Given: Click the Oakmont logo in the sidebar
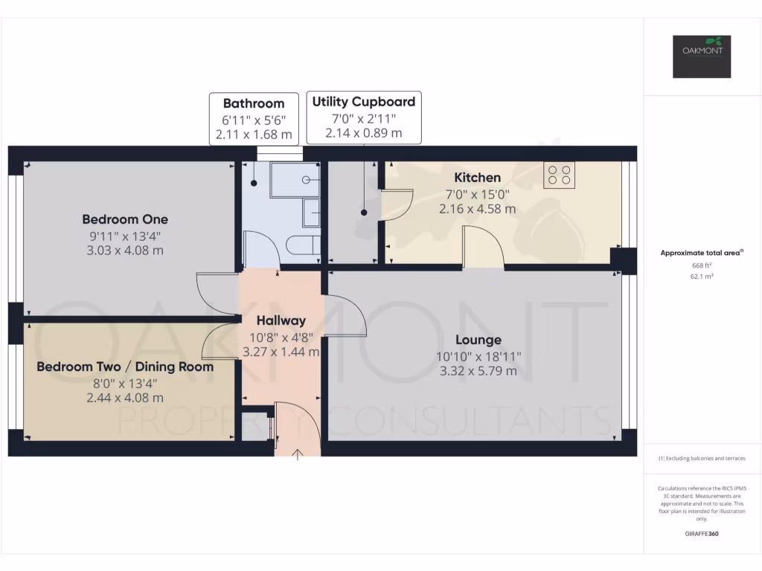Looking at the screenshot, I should (702, 57).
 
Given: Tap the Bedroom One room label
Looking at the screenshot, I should (125, 219).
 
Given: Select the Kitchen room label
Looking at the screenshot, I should (477, 178).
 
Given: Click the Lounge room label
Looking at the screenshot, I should (478, 340).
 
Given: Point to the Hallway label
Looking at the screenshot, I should (281, 321).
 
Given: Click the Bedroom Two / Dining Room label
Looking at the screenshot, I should (125, 367).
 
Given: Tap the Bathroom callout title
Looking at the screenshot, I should (254, 103).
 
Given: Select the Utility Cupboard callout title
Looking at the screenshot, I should (364, 101).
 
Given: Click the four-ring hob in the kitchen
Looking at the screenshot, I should (559, 175).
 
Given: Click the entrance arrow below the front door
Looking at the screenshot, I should (298, 454).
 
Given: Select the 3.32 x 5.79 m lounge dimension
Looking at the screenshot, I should (478, 371).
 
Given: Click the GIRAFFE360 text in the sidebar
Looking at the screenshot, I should (702, 533).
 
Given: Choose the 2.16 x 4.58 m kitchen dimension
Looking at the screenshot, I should (477, 209).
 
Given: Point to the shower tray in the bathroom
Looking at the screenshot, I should (295, 180).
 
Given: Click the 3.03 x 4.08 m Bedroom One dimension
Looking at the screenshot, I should (125, 251).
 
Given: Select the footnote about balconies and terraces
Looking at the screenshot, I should (702, 458).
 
